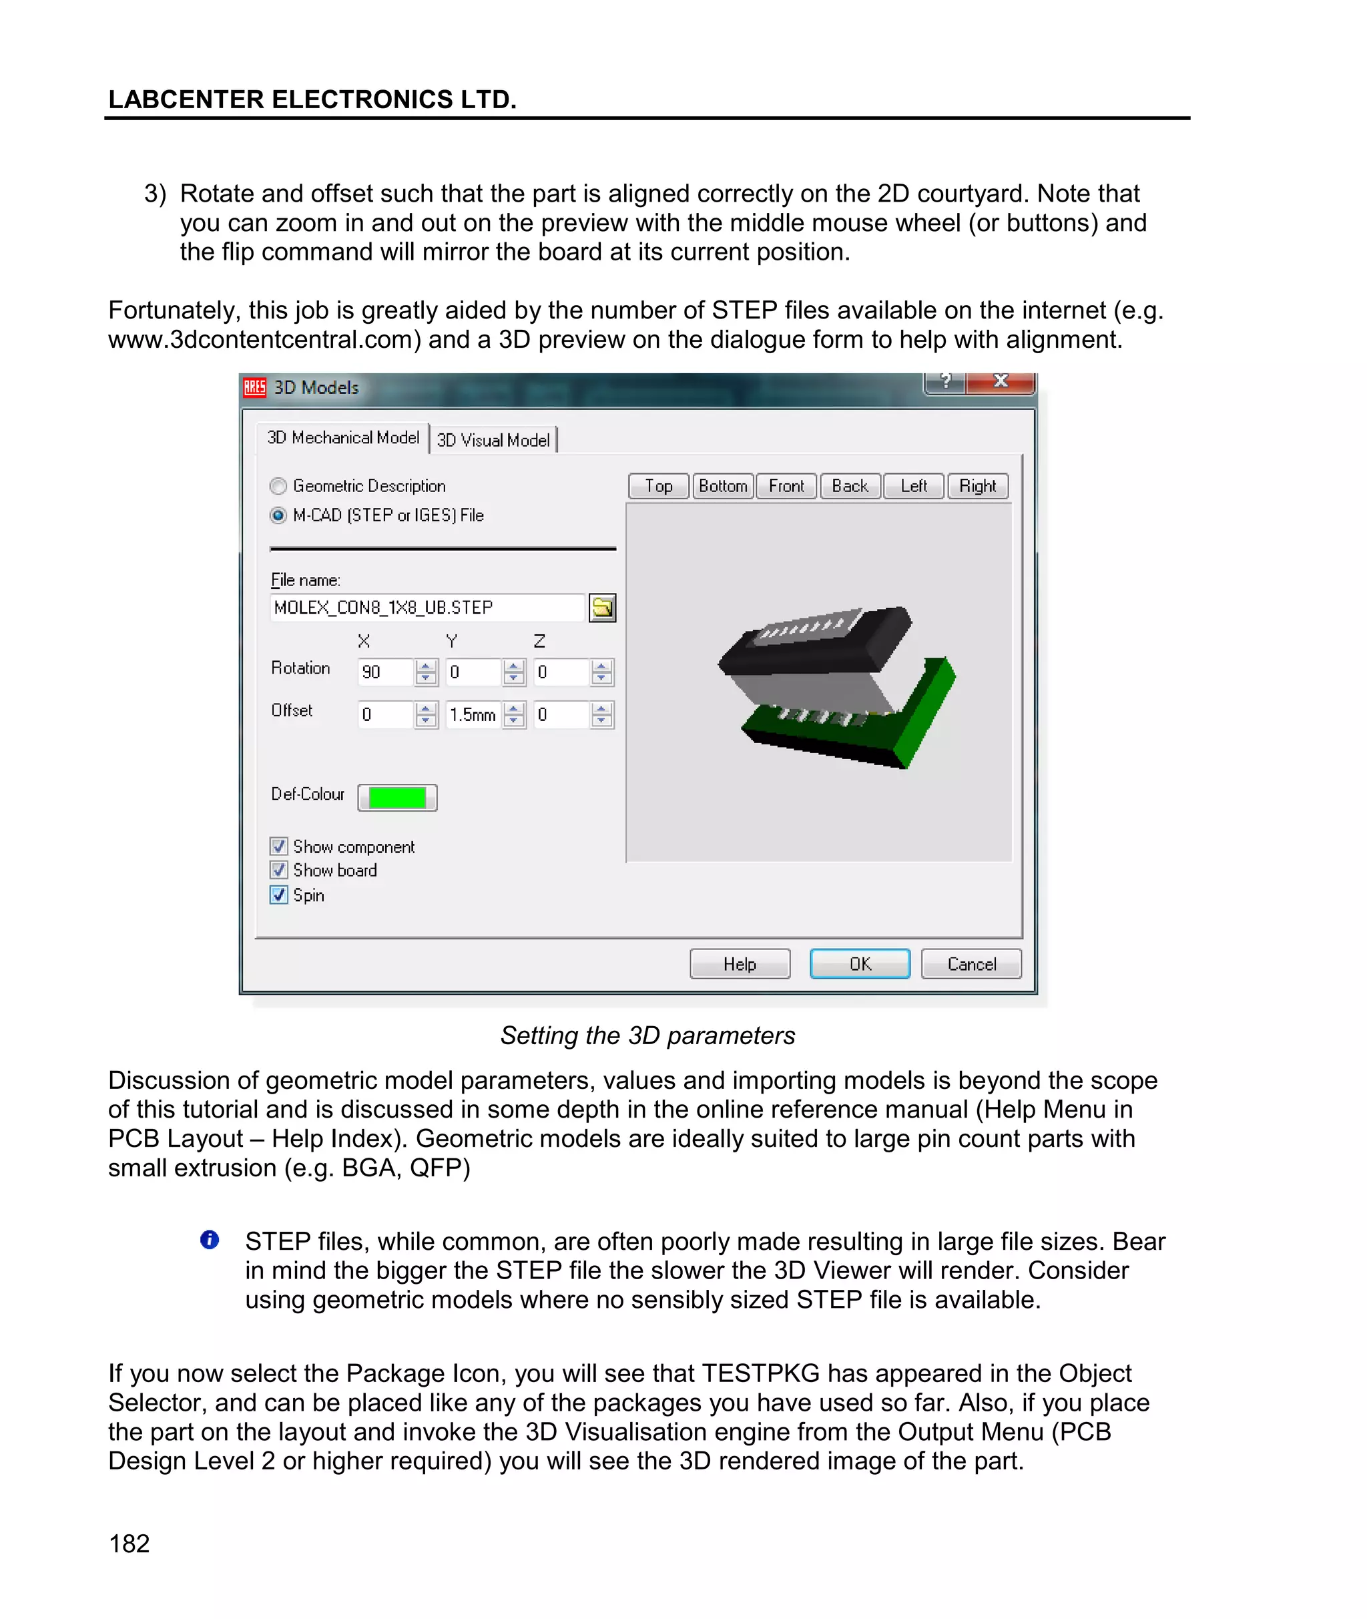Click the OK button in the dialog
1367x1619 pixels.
860,963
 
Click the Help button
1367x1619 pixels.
740,963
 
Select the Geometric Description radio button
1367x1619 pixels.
278,486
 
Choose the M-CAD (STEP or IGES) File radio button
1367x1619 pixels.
278,515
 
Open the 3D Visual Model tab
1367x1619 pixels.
493,440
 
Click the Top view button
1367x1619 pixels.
658,486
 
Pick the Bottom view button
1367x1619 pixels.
722,486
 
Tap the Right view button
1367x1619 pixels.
977,486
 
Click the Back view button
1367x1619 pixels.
849,486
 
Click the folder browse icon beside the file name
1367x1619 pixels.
602,608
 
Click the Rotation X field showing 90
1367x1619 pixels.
384,672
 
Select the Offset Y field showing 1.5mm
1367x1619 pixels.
472,714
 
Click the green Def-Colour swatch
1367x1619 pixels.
396,798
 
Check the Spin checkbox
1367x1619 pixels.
279,895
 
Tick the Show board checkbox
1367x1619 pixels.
279,871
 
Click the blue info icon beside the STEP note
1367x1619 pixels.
209,1239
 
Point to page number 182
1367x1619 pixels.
129,1543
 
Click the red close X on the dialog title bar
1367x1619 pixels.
1001,381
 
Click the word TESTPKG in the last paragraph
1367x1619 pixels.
760,1373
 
